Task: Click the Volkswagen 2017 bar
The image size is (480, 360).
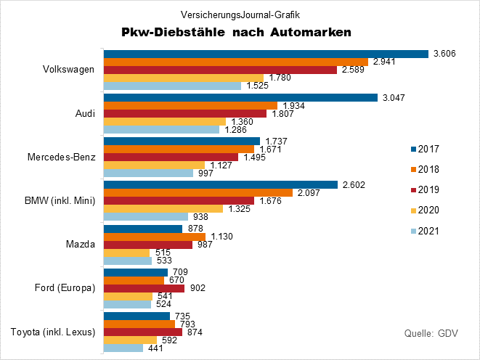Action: point(266,54)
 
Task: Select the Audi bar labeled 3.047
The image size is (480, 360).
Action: point(241,97)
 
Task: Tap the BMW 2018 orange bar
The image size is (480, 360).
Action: point(198,192)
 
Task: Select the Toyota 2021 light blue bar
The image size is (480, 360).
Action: point(123,348)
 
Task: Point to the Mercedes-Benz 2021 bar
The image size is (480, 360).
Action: point(148,173)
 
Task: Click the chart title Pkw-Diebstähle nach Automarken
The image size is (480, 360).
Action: point(236,32)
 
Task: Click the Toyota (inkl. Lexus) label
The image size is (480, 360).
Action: point(54,332)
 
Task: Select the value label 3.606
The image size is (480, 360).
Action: point(444,54)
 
